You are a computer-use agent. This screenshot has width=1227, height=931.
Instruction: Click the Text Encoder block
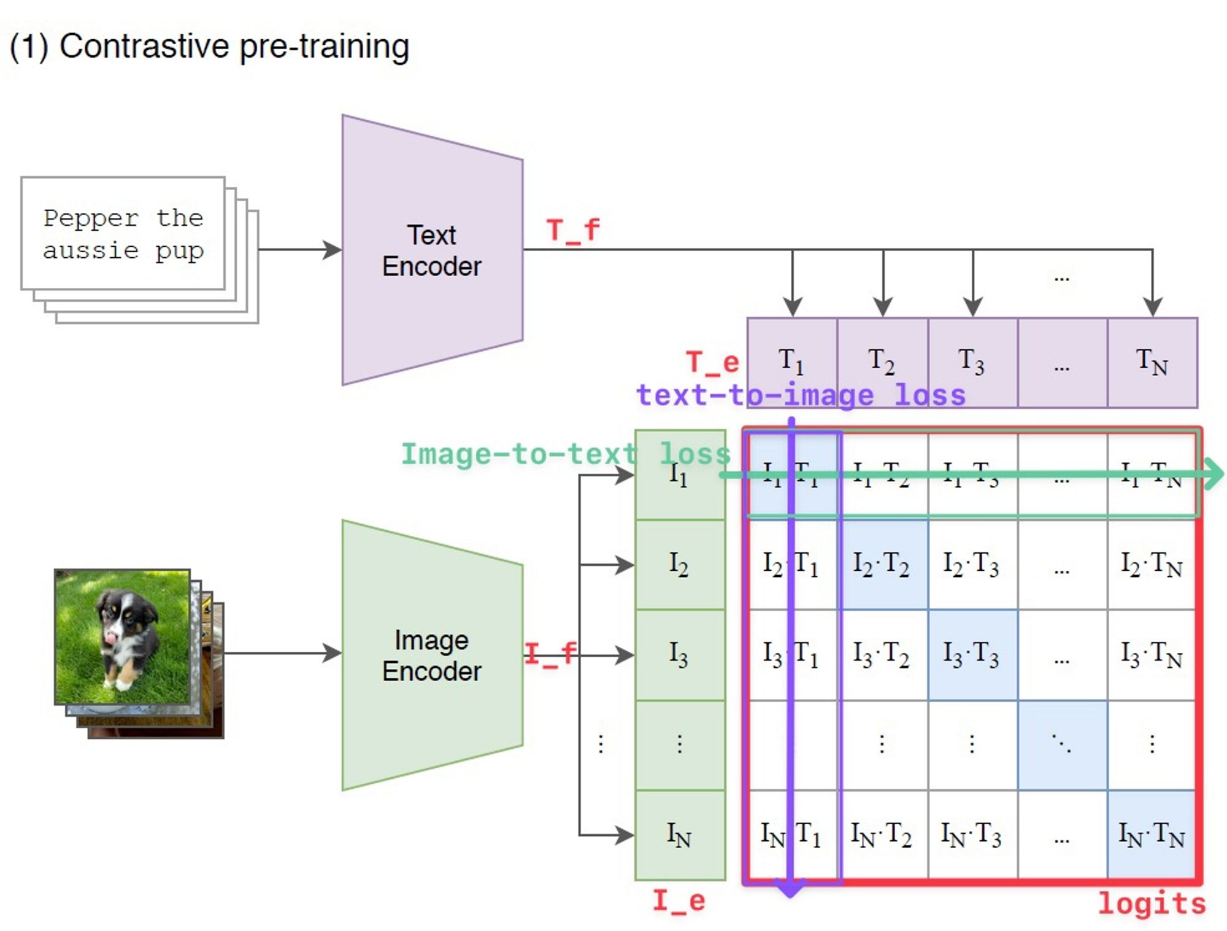[432, 250]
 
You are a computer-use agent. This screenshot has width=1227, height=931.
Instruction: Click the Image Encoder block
[432, 655]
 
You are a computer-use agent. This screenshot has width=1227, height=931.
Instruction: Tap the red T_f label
[572, 231]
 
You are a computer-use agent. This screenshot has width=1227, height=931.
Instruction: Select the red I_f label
[550, 654]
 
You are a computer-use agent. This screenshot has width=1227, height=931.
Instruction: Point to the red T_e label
[712, 362]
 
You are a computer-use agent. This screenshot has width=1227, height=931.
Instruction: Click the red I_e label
[679, 901]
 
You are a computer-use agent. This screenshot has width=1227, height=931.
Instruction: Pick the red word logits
[1152, 903]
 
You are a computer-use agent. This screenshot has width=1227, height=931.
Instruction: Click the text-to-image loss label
[801, 395]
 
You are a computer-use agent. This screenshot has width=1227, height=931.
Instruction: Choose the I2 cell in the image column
[680, 565]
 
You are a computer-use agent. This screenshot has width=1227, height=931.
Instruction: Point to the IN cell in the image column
[680, 835]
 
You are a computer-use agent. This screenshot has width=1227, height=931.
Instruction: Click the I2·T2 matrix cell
[882, 565]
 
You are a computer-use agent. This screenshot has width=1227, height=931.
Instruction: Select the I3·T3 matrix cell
[972, 654]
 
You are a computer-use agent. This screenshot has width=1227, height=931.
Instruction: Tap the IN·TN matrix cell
[1152, 835]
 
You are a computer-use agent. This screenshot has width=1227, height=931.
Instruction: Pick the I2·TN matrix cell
[1152, 565]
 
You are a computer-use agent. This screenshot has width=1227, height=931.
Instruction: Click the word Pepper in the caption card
[91, 218]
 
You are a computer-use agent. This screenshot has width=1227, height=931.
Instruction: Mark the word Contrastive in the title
[144, 47]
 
